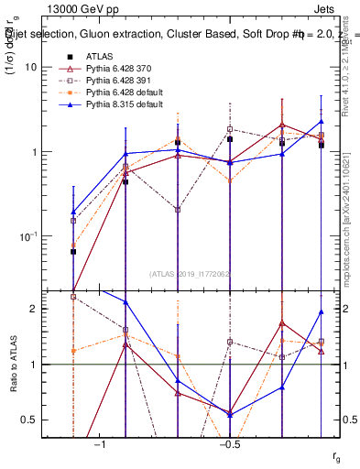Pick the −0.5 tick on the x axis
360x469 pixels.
pyautogui.click(x=229, y=444)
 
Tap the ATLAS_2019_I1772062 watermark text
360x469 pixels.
pyautogui.click(x=191, y=273)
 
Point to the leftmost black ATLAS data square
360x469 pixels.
pyautogui.click(x=73, y=251)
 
